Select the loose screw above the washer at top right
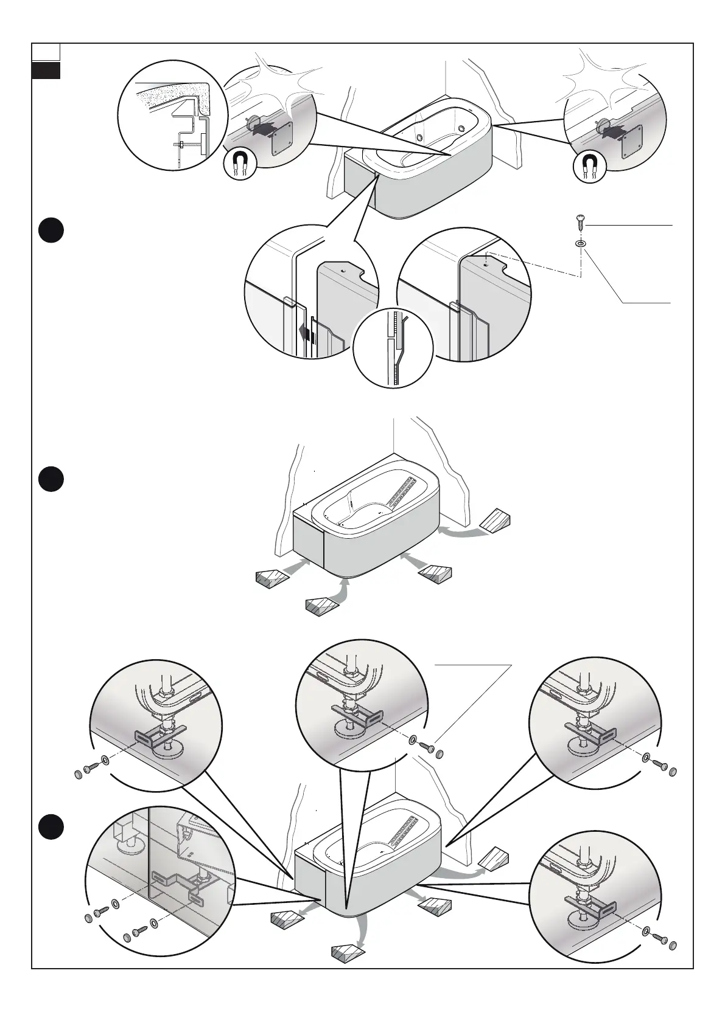click(x=580, y=222)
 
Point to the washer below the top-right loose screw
click(x=581, y=244)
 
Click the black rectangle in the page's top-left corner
click(x=46, y=71)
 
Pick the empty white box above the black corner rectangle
click(x=46, y=52)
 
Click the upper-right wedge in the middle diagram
click(x=496, y=519)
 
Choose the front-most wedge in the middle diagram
click(x=323, y=606)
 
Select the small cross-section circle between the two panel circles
click(x=393, y=348)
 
